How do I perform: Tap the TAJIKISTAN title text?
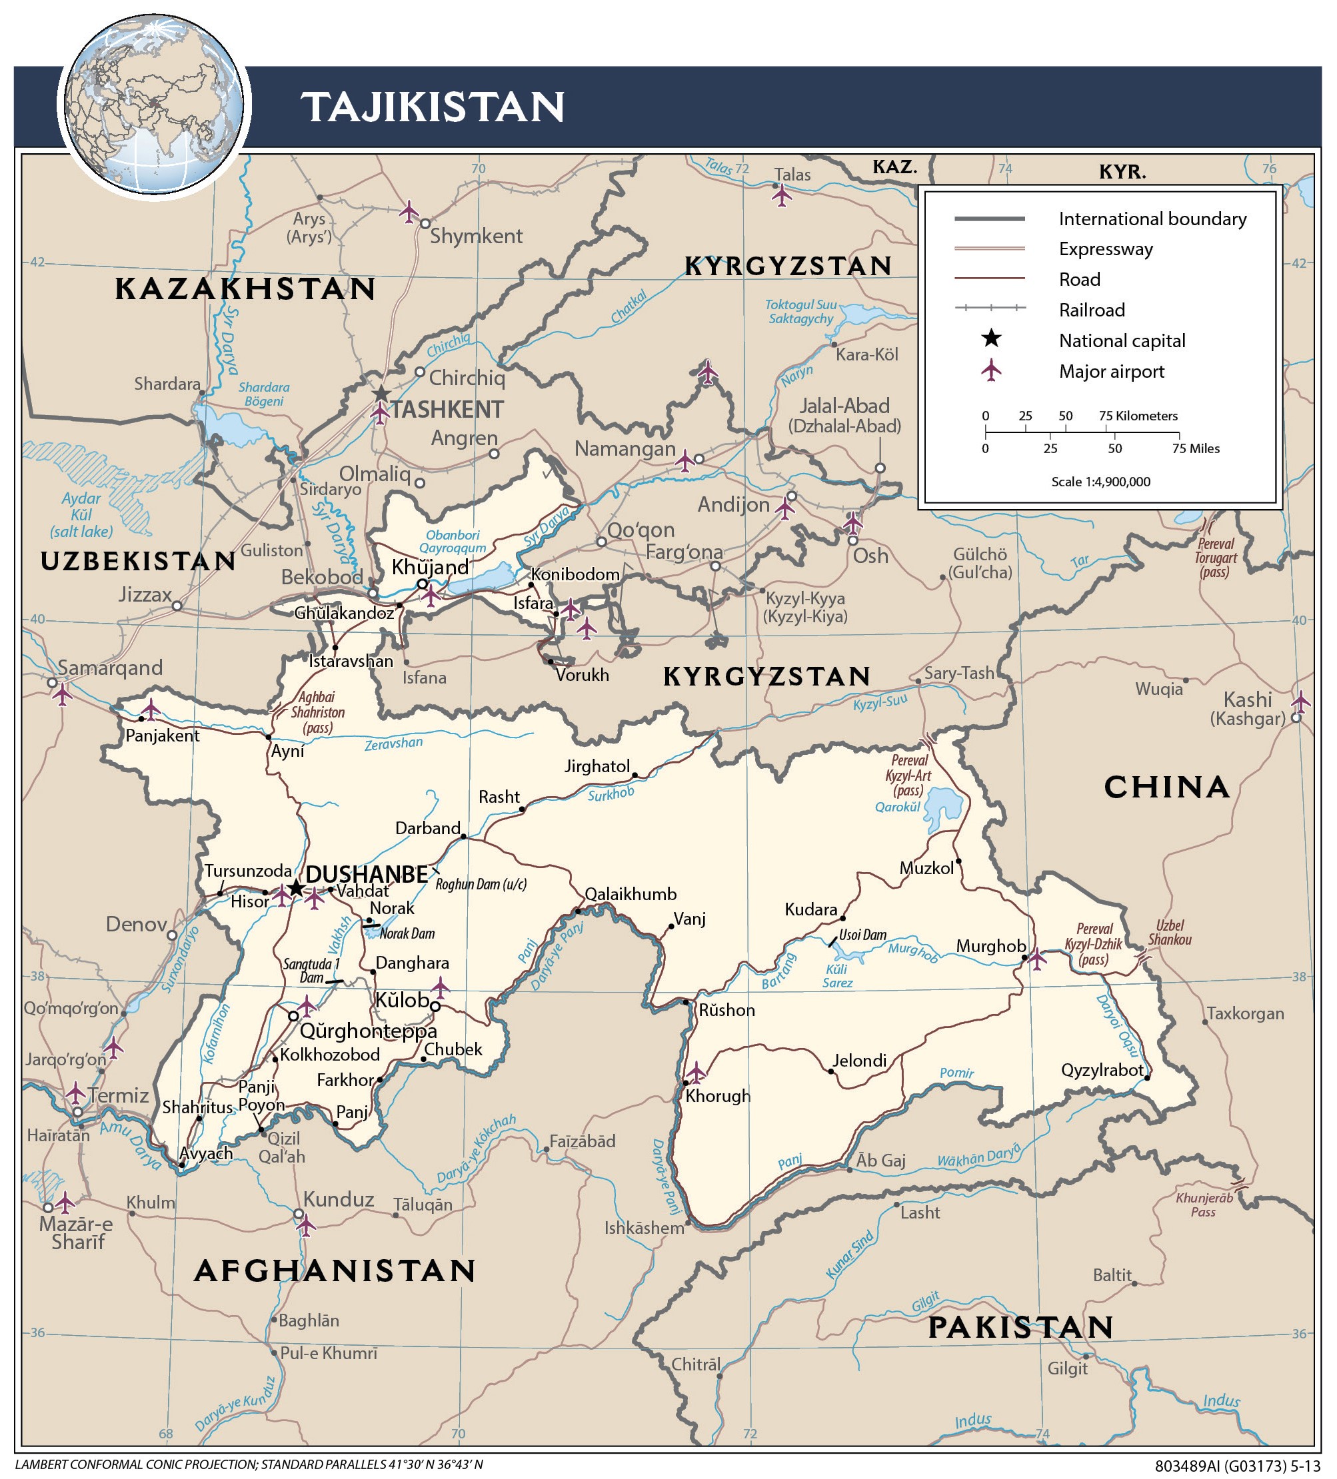433,107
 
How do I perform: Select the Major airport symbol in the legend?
991,370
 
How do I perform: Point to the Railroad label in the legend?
1091,310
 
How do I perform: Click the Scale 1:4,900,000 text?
1100,482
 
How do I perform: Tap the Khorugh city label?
718,1096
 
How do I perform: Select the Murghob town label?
990,947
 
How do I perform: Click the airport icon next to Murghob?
1037,958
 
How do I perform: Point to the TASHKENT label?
447,409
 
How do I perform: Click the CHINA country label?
1167,787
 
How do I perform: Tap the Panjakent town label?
162,736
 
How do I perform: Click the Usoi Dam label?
862,935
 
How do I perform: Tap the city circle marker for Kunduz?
299,1213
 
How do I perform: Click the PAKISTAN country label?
1020,1328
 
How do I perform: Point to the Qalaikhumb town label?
631,894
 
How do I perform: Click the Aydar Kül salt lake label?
81,514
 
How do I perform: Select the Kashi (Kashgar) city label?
1247,709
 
